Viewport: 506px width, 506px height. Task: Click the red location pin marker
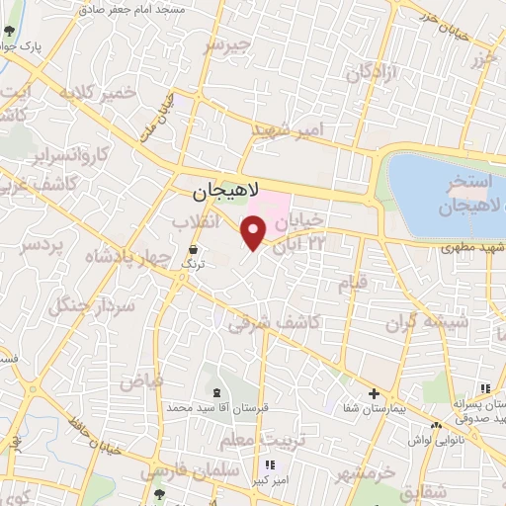click(255, 232)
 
